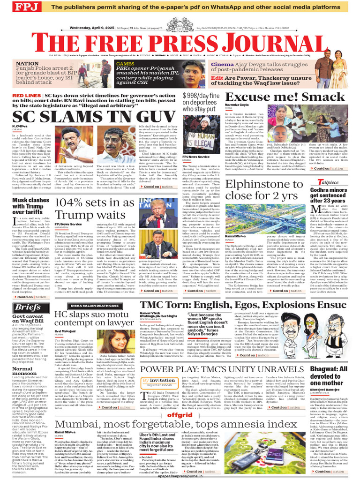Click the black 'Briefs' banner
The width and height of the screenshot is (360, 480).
(x=28, y=307)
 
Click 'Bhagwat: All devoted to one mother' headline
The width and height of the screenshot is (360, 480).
(x=335, y=377)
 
